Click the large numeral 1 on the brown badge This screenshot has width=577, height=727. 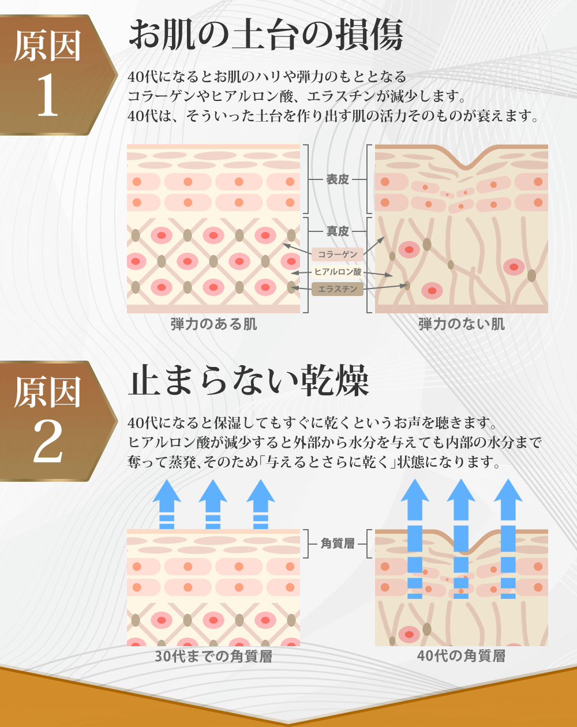(47, 95)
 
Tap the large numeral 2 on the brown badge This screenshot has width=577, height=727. (48, 441)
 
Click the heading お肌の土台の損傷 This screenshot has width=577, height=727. (266, 34)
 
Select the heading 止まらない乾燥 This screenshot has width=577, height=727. (249, 380)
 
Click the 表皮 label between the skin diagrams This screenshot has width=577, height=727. (338, 179)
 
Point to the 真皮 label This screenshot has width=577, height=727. (338, 231)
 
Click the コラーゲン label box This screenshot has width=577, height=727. (338, 254)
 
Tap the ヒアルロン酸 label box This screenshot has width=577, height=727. (338, 272)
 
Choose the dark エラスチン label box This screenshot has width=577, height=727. (338, 289)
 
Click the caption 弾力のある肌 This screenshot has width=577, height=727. (213, 324)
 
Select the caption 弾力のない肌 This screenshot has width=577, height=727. (462, 324)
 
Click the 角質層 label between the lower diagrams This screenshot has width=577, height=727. (338, 544)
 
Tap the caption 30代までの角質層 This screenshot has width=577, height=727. (213, 657)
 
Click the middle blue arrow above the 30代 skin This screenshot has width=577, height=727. (213, 504)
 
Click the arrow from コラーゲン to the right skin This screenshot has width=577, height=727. (374, 245)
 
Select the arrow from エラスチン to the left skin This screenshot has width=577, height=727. (301, 288)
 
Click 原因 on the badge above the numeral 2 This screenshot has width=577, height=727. (47, 392)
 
